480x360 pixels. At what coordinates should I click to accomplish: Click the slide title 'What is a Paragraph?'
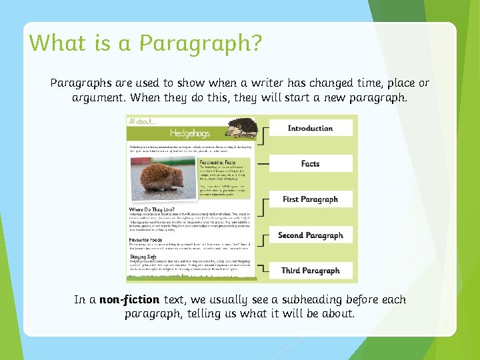click(145, 43)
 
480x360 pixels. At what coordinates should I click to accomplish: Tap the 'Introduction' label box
click(310, 128)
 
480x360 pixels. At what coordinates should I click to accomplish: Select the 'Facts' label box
click(310, 163)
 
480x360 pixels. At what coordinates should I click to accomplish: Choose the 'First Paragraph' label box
click(310, 199)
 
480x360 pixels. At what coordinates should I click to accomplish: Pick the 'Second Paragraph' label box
click(310, 235)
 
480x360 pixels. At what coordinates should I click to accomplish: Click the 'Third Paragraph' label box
click(310, 271)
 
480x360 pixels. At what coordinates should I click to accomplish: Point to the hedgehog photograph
click(161, 180)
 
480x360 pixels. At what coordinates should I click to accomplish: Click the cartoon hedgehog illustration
click(242, 128)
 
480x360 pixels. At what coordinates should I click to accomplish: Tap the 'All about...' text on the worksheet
click(143, 121)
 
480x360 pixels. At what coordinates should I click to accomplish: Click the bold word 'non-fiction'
click(129, 300)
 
